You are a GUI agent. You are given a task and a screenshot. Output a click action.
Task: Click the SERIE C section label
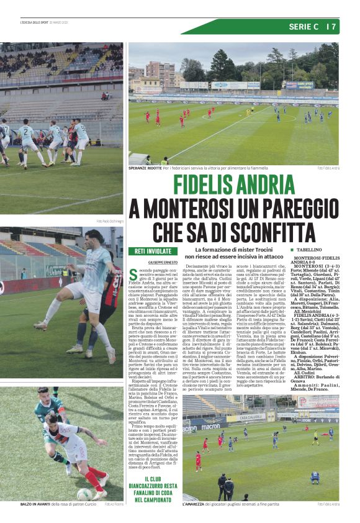[303, 27]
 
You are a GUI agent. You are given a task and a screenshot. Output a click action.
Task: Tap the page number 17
[332, 27]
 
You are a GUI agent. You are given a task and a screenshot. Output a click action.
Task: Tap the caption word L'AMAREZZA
[195, 504]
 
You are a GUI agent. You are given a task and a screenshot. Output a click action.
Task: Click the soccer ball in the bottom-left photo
[84, 494]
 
